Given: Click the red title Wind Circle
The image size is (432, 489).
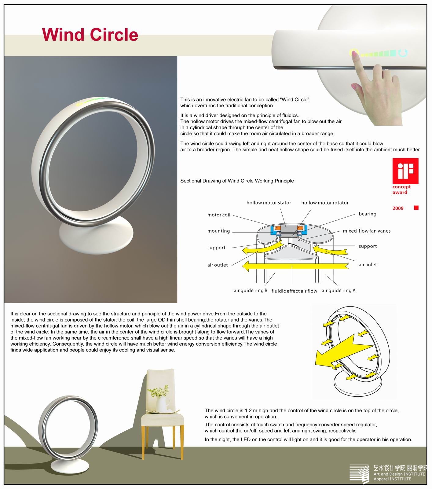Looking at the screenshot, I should pos(90,35).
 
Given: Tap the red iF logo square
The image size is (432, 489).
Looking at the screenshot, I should pos(405,168).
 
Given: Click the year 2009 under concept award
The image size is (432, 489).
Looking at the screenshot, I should pos(398,208).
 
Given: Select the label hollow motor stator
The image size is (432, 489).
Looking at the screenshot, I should pos(269,203).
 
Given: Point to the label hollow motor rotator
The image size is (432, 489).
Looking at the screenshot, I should pos(324,203).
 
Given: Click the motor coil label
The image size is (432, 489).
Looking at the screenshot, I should pos(219,215).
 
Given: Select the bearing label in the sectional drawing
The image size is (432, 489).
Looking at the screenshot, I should pos(367,214).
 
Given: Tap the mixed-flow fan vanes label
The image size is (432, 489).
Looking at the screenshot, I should pos(366,231).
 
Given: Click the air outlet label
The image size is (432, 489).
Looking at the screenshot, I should pos(217,265).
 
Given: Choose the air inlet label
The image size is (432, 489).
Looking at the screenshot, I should pos(368,265).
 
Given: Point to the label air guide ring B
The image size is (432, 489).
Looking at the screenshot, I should pos(250,290).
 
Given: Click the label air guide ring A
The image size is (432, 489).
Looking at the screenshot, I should pos(338,290).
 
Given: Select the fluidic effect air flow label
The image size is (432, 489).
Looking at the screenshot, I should pos(294,291).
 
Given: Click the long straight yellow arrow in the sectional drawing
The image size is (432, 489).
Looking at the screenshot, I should pos(293,266).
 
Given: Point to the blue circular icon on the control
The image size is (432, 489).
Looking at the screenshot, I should pos(403,53).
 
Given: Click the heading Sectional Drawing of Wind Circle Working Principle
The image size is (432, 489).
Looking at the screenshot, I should pos(237,181).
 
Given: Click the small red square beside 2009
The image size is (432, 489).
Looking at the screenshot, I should pos(416,208).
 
